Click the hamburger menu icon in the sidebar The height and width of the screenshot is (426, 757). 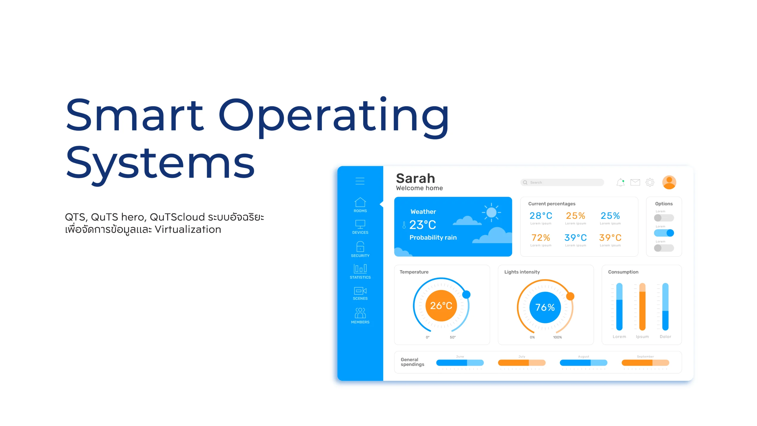(360, 181)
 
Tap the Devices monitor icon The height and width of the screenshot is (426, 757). (360, 224)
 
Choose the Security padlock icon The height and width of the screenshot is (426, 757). (360, 246)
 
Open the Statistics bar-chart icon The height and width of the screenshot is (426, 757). (360, 268)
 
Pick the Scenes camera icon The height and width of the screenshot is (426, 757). (360, 291)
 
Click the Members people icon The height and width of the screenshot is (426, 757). (360, 313)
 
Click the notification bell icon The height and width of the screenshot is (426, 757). (620, 183)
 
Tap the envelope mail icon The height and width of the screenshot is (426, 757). (635, 182)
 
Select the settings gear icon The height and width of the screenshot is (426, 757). (650, 182)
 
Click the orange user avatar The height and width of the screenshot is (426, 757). (669, 182)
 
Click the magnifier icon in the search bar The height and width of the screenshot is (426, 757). (525, 183)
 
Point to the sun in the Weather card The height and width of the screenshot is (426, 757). (491, 212)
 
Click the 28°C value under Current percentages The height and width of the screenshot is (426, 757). (541, 216)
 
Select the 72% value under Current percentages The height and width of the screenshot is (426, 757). (541, 238)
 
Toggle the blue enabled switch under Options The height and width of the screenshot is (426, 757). (664, 233)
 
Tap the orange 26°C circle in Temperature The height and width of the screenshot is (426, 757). (441, 306)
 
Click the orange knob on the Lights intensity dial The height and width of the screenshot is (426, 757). (570, 296)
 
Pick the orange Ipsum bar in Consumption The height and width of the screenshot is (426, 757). (642, 307)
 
